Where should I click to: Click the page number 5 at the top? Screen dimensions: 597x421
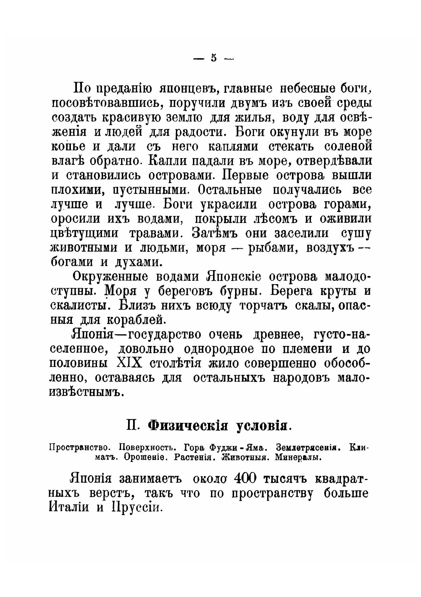click(x=214, y=57)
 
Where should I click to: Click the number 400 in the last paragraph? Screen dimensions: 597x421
click(x=245, y=479)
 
